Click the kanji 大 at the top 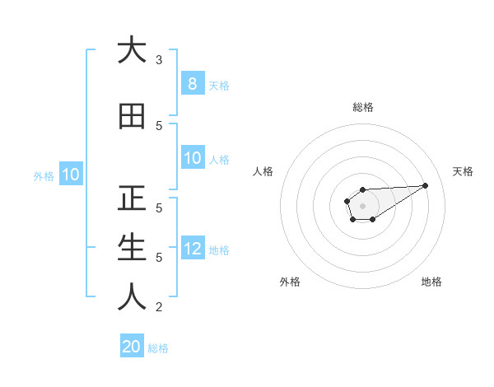click(131, 50)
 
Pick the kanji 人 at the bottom click(131, 297)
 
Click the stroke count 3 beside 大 click(159, 59)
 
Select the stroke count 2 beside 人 click(159, 307)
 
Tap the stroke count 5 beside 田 click(159, 125)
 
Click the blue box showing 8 click(192, 83)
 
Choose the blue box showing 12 click(192, 249)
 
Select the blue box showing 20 click(132, 347)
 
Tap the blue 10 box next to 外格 click(70, 175)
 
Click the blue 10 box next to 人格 click(192, 158)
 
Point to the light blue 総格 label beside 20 click(158, 348)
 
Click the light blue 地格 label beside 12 click(219, 250)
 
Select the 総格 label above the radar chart click(362, 107)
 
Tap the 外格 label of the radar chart click(290, 282)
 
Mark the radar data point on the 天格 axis click(426, 184)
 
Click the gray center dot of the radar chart click(362, 206)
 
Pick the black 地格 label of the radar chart click(431, 282)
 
